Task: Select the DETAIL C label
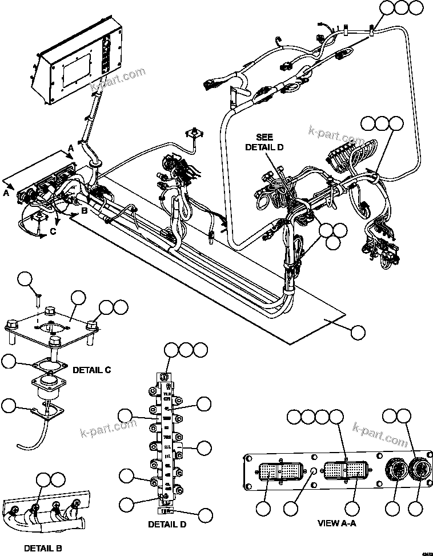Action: [93, 370]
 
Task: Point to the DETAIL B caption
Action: [43, 549]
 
